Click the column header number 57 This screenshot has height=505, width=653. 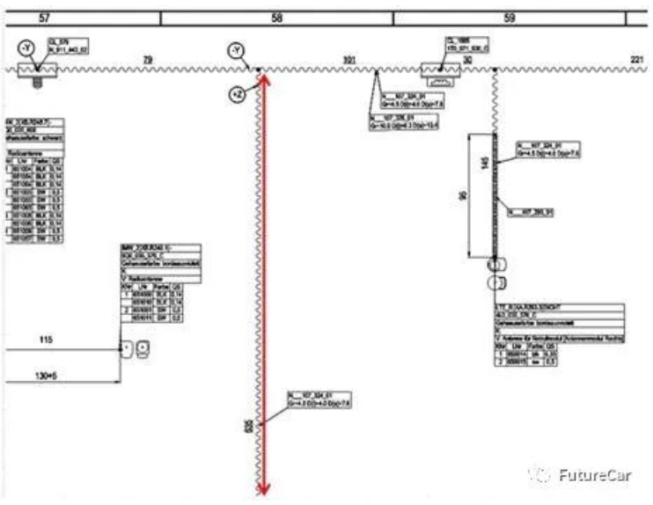[41, 17]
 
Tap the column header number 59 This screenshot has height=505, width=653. [510, 17]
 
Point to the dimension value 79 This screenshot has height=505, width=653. [148, 59]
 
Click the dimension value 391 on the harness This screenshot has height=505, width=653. [349, 60]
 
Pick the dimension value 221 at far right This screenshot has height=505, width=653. [638, 59]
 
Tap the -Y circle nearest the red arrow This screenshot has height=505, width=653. [236, 51]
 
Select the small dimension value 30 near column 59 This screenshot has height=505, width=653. [467, 60]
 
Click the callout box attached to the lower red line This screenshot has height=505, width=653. [319, 399]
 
